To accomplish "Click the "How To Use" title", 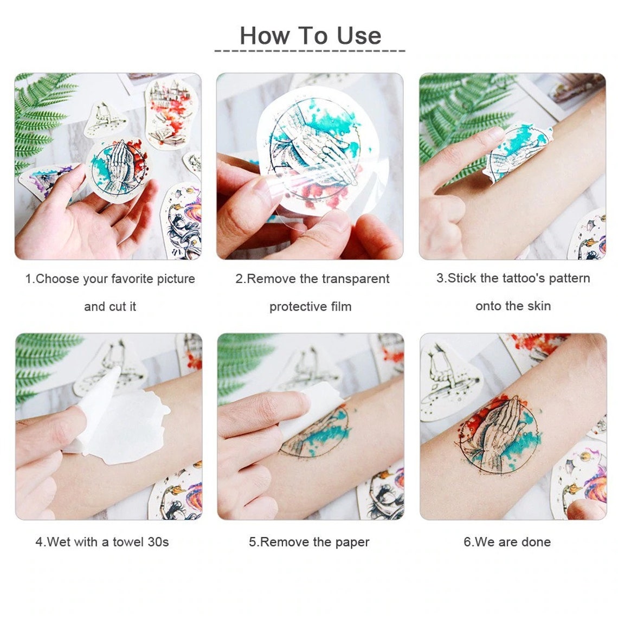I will coord(310,36).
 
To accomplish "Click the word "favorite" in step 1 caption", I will coord(132,279).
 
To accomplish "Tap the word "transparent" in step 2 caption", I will coord(355,279).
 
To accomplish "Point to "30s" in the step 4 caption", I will coord(158,542).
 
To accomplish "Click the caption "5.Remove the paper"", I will coord(309,542).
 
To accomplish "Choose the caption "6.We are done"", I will coord(507,542).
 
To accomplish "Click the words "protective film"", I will coord(310,307).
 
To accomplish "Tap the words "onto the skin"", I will coord(513,306).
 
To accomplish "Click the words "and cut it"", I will coord(110,307).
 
